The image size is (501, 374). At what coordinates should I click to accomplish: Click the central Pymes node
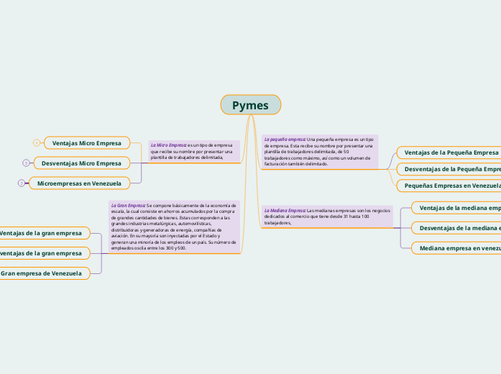coord(250,105)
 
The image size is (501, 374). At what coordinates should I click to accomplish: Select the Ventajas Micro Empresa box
coord(87,143)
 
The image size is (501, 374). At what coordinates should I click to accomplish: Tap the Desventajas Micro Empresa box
coord(81,163)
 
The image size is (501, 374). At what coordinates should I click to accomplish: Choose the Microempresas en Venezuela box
coord(79,183)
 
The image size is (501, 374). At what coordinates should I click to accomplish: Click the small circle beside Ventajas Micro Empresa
coord(37,143)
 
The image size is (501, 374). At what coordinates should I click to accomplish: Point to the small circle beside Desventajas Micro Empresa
coord(26,163)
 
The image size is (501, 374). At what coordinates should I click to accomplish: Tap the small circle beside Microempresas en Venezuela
coord(22,183)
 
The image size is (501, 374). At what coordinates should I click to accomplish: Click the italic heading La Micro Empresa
coord(167,145)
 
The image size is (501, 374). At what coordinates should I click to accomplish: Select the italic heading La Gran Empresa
coord(127,205)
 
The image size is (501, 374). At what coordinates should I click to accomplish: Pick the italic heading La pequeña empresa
coord(285,139)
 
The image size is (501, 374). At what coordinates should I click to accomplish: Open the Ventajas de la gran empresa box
coord(43,233)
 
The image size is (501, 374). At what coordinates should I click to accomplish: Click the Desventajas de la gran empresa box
coord(43,253)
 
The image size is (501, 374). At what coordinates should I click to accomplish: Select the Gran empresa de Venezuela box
coord(43,273)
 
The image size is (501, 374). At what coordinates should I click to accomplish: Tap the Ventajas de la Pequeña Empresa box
coord(450,152)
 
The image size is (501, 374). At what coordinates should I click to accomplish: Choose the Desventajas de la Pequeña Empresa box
coord(451,169)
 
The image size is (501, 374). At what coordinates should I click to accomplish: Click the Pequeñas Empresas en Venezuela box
coord(451,186)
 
